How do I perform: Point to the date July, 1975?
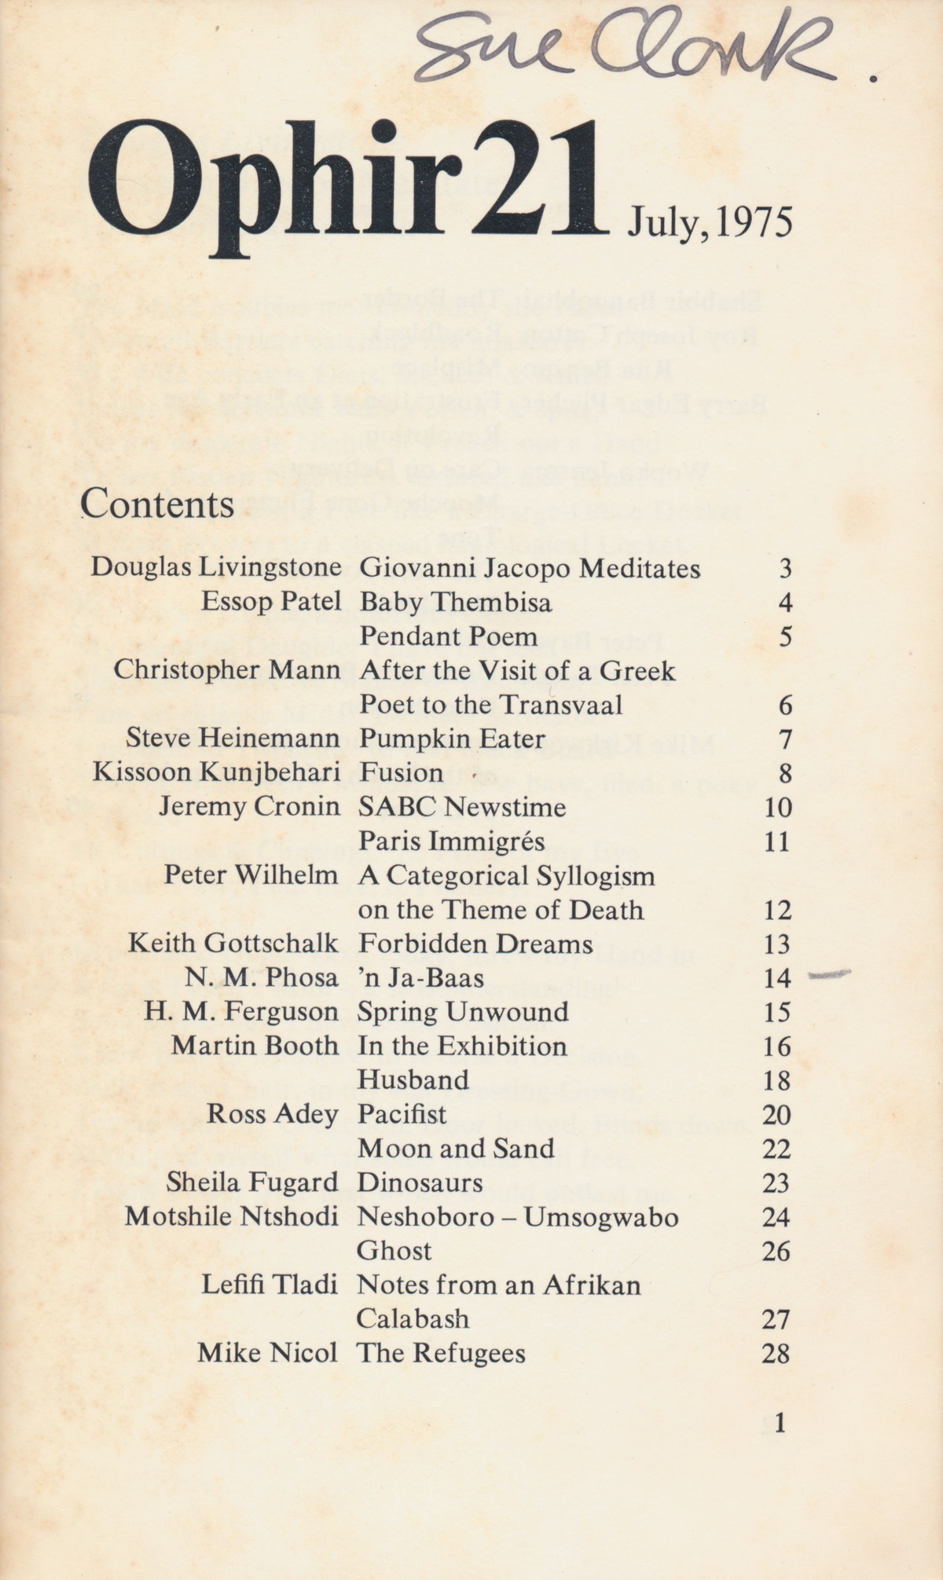[x=710, y=222]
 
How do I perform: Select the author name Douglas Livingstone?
[x=216, y=568]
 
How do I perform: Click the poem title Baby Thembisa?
[x=456, y=603]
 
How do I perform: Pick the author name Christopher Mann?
[x=227, y=670]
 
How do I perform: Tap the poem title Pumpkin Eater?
[x=452, y=739]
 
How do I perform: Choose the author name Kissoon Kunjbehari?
[x=217, y=773]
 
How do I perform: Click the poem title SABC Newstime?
[x=462, y=807]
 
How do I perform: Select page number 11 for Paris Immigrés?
[x=776, y=842]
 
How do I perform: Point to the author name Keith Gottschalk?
[x=233, y=944]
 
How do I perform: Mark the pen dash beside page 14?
[x=830, y=975]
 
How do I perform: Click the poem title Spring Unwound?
[x=463, y=1012]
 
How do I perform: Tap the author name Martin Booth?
[x=255, y=1047]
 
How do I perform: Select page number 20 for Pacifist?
[x=776, y=1115]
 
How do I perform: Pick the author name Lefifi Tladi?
[x=270, y=1285]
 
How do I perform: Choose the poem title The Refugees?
[x=441, y=1354]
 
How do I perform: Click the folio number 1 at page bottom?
[x=780, y=1423]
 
